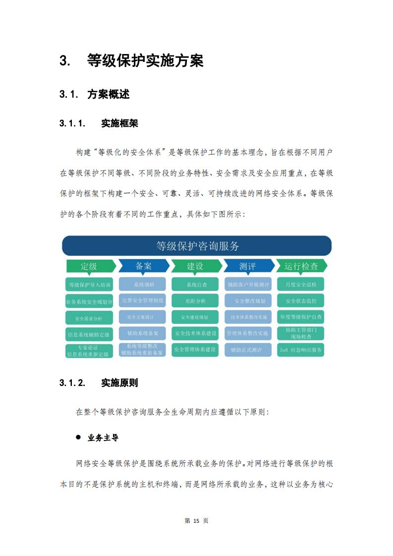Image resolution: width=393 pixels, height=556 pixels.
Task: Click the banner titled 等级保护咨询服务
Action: point(197,246)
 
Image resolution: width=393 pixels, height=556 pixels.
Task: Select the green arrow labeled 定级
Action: point(91,266)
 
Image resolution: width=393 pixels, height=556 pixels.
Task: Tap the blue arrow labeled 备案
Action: point(144,266)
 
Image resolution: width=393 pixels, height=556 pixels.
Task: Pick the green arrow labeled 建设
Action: point(196,266)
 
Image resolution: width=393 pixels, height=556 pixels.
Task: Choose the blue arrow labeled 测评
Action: point(249,266)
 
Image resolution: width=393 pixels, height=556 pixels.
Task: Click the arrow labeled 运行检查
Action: point(301,266)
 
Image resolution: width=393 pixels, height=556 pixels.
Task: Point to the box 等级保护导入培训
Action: point(89,284)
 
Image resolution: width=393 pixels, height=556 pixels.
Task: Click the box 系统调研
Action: point(142,284)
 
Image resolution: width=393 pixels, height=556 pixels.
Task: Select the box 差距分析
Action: point(195,301)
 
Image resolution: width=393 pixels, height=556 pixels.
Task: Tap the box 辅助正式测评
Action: point(248,350)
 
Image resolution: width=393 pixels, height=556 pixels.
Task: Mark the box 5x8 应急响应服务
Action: point(301,350)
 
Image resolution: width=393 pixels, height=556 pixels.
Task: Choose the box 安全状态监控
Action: point(301,301)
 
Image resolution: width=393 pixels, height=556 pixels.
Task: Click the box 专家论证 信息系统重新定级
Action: point(89,351)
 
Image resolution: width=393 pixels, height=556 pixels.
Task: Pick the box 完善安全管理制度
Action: point(142,300)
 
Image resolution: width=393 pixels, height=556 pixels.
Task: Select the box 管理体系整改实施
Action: point(248,334)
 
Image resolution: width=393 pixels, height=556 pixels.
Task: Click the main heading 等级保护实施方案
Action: point(145,60)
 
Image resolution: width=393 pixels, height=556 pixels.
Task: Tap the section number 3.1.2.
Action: point(72,383)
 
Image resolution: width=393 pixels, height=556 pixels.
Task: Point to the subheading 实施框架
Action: point(119,123)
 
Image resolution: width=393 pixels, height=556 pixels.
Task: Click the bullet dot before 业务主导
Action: point(78,437)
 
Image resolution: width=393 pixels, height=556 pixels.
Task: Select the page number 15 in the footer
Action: point(196,520)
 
